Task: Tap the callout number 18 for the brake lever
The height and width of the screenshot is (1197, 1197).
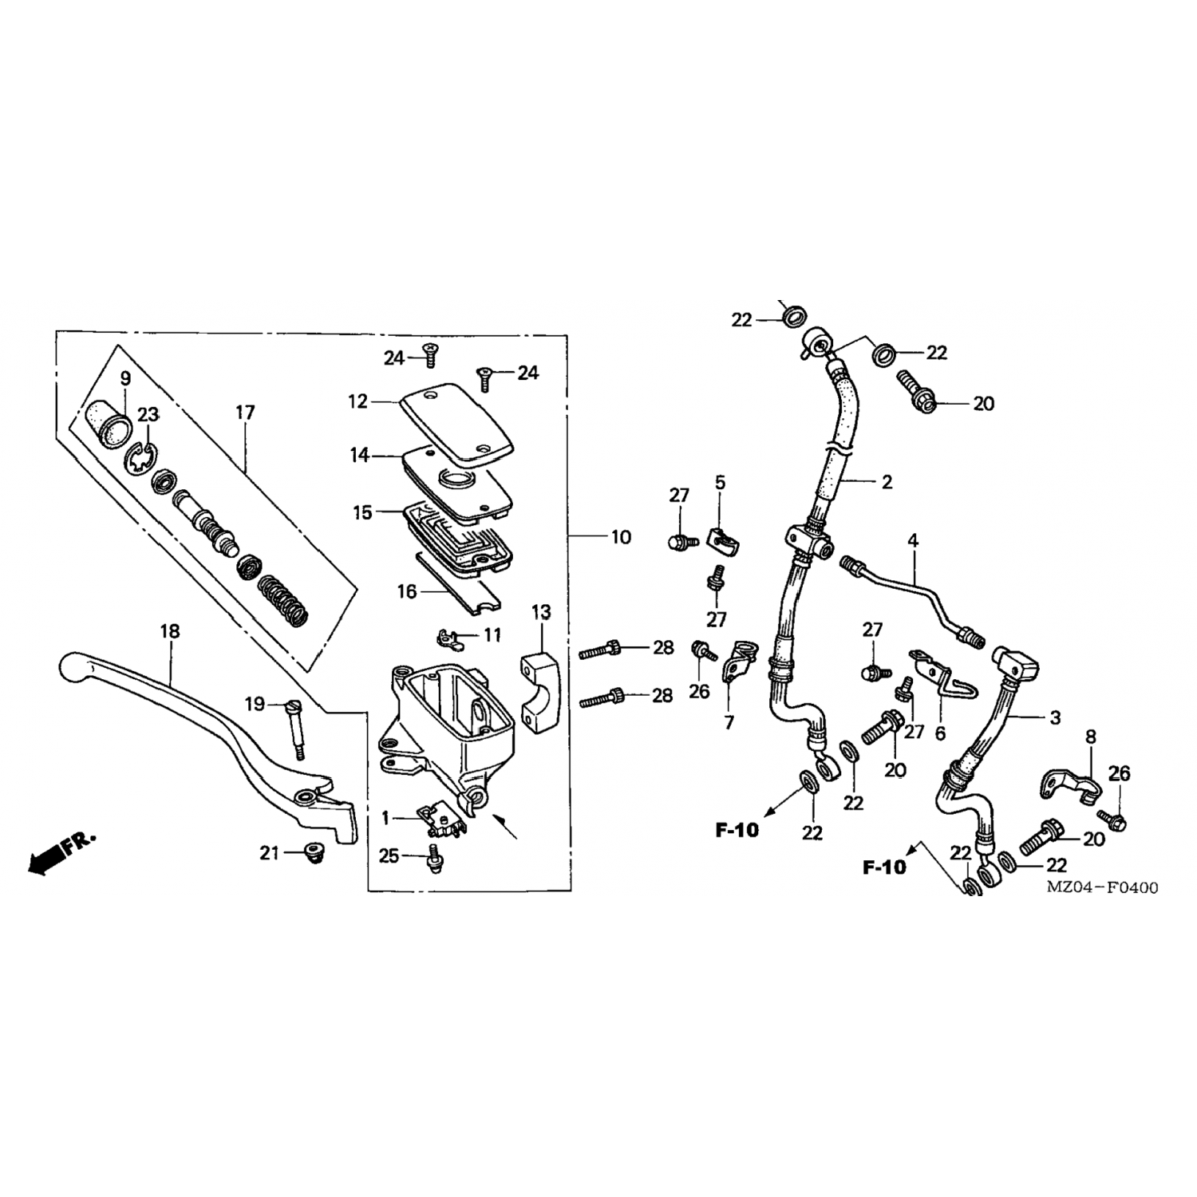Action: [169, 631]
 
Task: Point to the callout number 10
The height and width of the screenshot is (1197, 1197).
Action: [621, 537]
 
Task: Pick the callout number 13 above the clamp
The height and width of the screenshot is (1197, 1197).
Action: [540, 613]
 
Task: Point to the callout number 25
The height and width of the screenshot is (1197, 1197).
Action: [389, 856]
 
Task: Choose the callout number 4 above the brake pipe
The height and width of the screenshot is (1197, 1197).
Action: [913, 540]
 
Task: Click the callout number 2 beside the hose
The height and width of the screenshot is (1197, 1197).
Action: [887, 482]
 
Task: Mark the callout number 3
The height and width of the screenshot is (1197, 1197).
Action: [1055, 717]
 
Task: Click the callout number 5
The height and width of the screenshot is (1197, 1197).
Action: [720, 482]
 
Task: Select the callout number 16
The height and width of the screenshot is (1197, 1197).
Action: [407, 591]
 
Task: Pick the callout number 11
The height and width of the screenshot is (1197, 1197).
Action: [492, 635]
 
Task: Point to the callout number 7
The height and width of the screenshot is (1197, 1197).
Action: [729, 723]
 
